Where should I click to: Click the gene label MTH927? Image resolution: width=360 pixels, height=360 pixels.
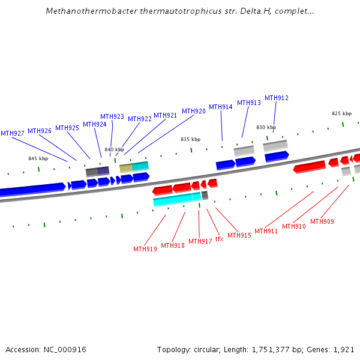coord(13,133)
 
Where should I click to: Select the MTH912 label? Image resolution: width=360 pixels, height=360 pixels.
coord(277,98)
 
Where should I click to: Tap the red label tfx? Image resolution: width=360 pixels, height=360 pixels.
coord(219,239)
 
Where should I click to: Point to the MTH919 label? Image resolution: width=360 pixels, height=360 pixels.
coord(145,249)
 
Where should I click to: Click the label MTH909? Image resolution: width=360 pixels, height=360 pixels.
coord(322,221)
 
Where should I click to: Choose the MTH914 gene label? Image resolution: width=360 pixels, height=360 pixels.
coord(220,107)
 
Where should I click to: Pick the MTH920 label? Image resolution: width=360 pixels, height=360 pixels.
coord(194,111)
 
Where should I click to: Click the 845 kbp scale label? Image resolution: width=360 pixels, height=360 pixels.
coord(38,158)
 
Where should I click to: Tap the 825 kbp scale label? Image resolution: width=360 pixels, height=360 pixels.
coord(341,113)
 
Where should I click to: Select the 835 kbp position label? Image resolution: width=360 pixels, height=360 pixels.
coord(190,139)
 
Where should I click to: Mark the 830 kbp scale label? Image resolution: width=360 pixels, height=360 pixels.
coord(266,127)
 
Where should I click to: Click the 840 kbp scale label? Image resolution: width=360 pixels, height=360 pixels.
coord(114,149)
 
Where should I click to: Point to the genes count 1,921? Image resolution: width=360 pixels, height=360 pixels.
coord(344,349)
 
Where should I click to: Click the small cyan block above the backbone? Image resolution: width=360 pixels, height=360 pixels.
coord(140,166)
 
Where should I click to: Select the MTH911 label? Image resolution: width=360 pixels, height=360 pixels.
coord(266,231)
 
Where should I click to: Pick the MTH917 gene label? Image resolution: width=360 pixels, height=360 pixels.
coord(200,241)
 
